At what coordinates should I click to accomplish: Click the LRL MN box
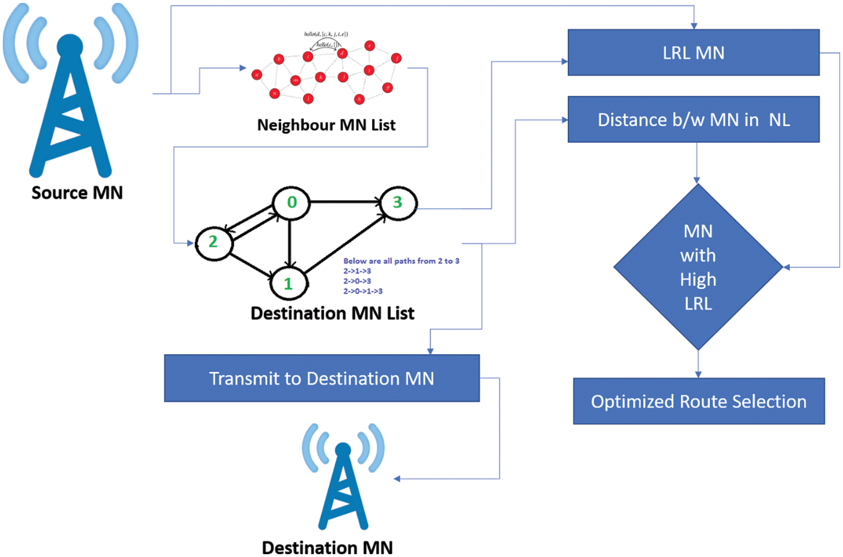(693, 52)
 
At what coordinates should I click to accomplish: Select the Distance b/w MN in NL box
(693, 119)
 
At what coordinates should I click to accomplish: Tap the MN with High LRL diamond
(697, 267)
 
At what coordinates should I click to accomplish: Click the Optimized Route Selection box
(698, 401)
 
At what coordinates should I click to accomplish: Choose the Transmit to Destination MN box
(321, 378)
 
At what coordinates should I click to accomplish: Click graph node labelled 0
(291, 202)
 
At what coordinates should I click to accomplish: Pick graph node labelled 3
(398, 202)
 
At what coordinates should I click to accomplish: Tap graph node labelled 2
(214, 242)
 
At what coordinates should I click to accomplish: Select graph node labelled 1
(288, 283)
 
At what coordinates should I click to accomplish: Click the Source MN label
(77, 193)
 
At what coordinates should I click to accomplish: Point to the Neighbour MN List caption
(326, 125)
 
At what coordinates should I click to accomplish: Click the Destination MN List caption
(332, 313)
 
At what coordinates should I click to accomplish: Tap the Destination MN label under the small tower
(327, 547)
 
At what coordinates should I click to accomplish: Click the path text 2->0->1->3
(363, 291)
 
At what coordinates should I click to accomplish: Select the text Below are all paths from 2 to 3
(401, 261)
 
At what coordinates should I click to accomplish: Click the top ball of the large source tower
(70, 46)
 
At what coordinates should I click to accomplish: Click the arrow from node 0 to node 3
(344, 201)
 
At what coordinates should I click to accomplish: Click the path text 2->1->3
(357, 271)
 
